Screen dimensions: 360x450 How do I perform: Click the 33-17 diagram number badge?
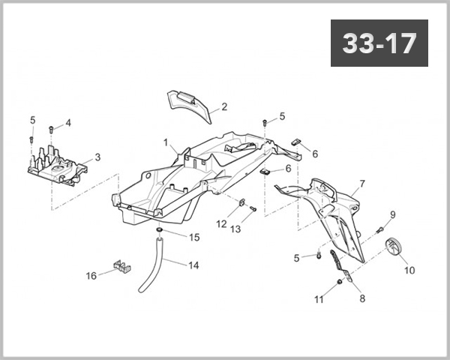[379, 43]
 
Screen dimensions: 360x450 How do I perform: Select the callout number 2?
[224, 106]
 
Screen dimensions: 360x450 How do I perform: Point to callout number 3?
[97, 157]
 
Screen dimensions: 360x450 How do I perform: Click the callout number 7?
[362, 184]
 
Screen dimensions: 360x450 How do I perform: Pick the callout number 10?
[410, 269]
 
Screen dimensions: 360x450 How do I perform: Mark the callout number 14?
[193, 265]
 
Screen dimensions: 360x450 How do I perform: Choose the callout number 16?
[91, 275]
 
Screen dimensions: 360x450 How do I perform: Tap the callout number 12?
[222, 223]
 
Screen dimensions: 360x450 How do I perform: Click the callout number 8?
[362, 298]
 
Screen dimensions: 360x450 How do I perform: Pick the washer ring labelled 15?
[160, 229]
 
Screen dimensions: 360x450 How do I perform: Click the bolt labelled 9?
[380, 228]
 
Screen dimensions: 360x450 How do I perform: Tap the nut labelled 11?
[339, 282]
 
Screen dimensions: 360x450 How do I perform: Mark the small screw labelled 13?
[253, 208]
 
